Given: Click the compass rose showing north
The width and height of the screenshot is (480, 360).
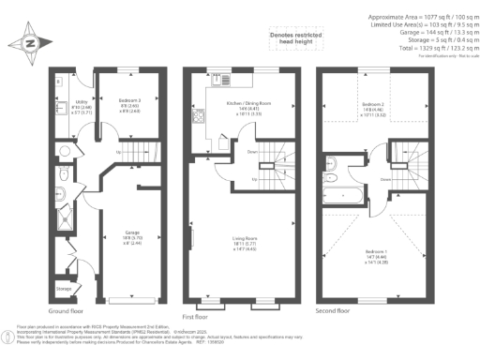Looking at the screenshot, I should (27, 43).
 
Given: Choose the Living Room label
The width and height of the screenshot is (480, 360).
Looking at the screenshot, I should (246, 243).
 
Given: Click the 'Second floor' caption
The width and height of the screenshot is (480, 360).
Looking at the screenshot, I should (337, 309).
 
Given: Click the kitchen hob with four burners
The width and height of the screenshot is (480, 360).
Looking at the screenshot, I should (198, 119).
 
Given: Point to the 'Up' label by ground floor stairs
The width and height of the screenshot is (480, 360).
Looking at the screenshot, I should (117, 152).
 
